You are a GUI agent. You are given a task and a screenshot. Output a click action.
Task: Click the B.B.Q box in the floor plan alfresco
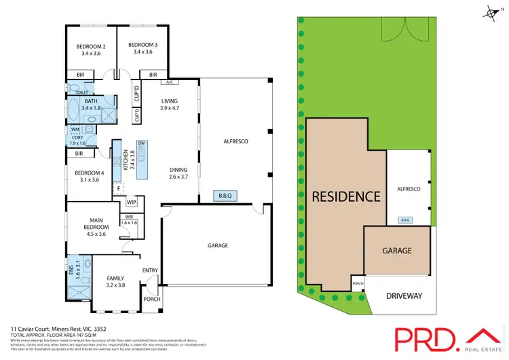[x=225, y=196]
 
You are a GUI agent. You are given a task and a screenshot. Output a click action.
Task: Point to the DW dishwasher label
[x=142, y=143]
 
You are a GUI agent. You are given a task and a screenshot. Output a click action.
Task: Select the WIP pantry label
[x=132, y=202]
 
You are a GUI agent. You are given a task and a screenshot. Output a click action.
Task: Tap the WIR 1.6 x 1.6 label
[x=128, y=219]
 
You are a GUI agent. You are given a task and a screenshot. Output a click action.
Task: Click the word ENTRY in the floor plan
[x=150, y=270]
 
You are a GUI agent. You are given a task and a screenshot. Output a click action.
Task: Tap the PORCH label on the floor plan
[x=151, y=300]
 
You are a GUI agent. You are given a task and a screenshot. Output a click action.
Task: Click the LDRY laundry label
[x=78, y=140]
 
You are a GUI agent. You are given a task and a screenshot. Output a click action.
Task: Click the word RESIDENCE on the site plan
[x=345, y=197]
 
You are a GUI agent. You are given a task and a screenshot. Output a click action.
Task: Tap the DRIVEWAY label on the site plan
[x=404, y=295]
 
